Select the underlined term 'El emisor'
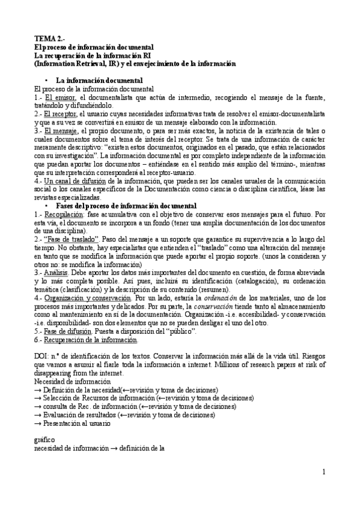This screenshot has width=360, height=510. tap(60, 97)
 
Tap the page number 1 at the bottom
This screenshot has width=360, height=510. tap(323, 472)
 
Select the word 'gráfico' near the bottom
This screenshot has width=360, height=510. tap(45, 440)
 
